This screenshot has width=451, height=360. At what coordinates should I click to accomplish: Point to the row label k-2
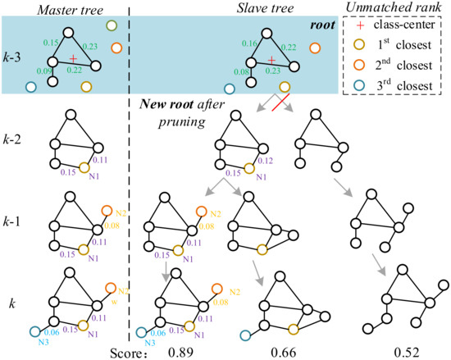coord(14,139)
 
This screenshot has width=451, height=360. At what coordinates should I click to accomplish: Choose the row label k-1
coord(14,224)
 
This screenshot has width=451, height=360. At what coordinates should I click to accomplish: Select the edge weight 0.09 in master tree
coord(40,72)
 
